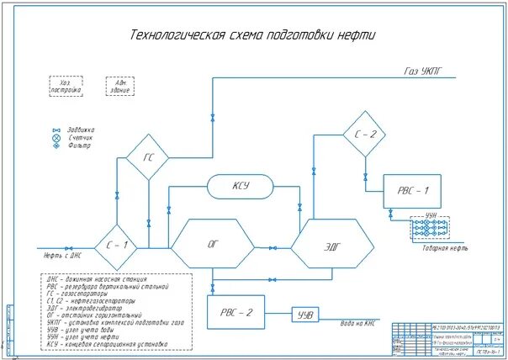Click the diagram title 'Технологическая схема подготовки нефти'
tap(252, 35)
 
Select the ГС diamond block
tap(148, 156)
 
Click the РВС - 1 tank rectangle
tap(412, 190)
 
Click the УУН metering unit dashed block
tap(429, 228)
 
